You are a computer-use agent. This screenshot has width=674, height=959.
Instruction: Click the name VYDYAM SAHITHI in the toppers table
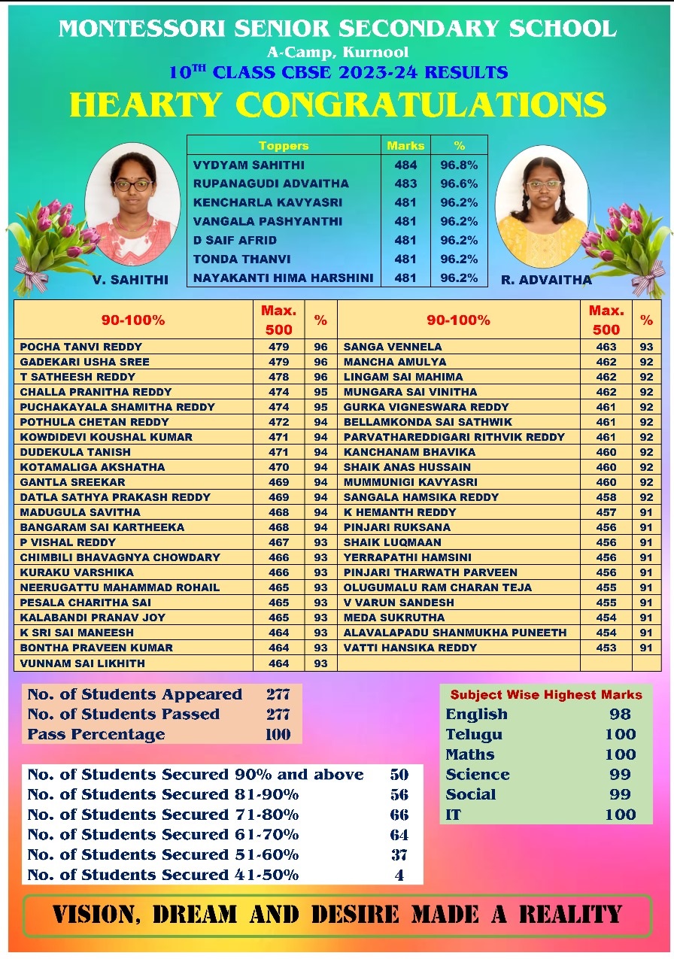coord(238,165)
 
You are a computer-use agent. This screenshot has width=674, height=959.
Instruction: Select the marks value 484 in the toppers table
coord(405,165)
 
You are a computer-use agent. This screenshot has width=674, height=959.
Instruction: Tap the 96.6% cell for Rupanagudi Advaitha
coord(459,184)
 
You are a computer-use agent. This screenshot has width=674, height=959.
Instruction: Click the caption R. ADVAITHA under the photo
coord(546,280)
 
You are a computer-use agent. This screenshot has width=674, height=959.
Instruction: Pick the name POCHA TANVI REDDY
coord(81,347)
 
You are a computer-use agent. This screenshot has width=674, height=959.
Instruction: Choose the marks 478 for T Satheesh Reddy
coord(279,377)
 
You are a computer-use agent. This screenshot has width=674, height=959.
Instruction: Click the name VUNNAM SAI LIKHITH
coord(83,663)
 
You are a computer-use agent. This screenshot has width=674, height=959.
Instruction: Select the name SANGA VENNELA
coord(393,347)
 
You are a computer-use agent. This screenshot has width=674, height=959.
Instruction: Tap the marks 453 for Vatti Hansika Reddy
coord(606,648)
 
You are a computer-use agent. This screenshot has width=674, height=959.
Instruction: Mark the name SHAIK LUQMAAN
coord(392,542)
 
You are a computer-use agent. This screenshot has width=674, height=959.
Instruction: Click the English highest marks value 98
coord(620,715)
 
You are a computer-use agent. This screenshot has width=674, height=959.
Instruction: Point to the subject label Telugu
coord(474,735)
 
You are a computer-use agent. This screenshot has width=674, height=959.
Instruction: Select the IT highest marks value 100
coord(620,815)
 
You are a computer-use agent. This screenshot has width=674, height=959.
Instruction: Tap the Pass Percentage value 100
coord(278,734)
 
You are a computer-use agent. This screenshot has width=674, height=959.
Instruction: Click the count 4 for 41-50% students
coord(399,875)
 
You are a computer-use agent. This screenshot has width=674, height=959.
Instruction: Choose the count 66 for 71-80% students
coord(399,815)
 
